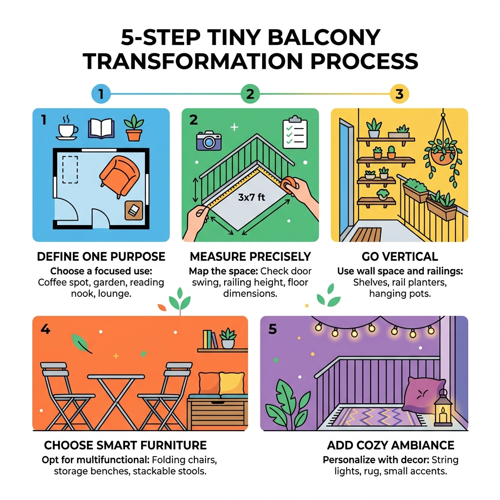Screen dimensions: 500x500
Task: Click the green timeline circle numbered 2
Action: pos(250,94)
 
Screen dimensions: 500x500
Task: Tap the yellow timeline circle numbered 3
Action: pos(399,94)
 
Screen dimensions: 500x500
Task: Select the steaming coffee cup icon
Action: pos(67,128)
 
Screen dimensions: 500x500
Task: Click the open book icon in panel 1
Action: pos(101,128)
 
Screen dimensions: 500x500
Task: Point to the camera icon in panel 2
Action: pos(208,141)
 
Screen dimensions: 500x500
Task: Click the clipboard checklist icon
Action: pos(295,132)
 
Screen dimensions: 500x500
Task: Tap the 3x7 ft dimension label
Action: pos(251,198)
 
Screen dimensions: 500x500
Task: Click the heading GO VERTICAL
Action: pos(400,257)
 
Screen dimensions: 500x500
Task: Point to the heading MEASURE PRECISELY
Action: pos(250,257)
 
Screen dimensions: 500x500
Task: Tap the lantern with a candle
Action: pos(443,409)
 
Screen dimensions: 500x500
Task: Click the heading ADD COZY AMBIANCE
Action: pos(391,445)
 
